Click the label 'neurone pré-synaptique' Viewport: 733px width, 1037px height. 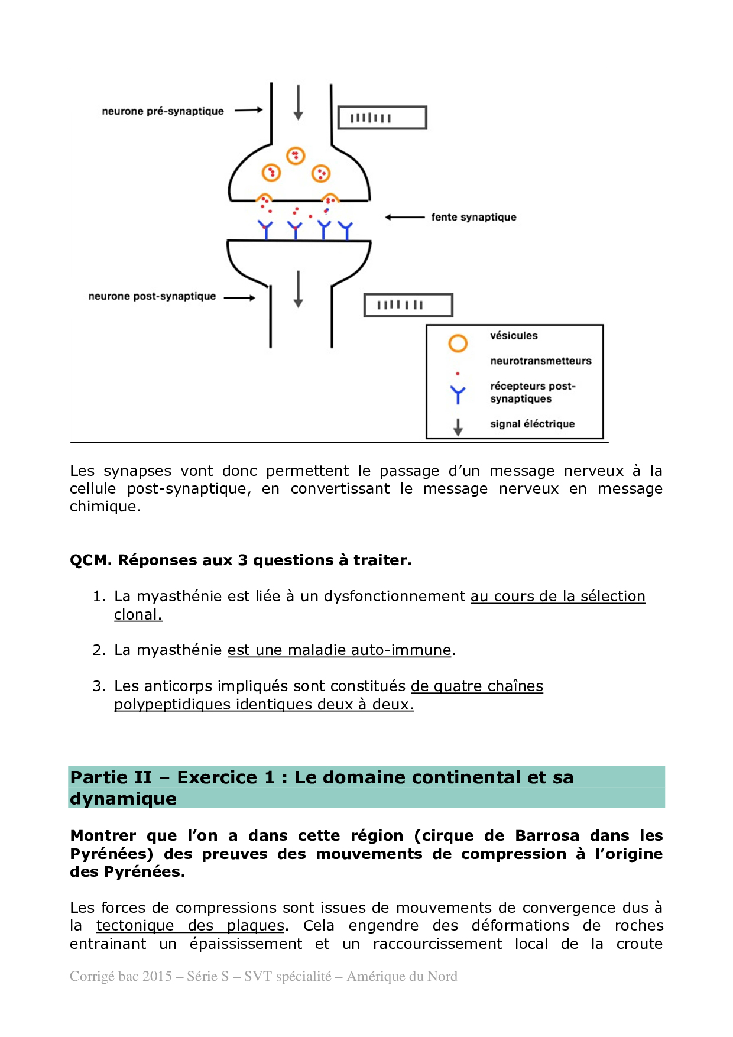[163, 111]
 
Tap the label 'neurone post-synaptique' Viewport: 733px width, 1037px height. [152, 296]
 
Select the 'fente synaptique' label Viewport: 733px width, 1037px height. [473, 217]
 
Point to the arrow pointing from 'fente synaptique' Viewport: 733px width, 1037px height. [405, 218]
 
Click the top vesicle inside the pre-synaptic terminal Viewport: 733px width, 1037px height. [296, 155]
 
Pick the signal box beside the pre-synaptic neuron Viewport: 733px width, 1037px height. [382, 118]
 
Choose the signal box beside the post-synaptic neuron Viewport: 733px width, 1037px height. [408, 305]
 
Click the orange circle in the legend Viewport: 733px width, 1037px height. [458, 343]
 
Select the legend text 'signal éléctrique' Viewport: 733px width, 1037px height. [532, 424]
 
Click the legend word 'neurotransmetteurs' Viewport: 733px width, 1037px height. [540, 361]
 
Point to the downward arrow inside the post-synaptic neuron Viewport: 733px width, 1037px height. [299, 289]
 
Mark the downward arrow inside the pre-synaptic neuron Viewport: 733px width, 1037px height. [299, 102]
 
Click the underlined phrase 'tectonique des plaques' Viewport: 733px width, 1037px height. [190, 925]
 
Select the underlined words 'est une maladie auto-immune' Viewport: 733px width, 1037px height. [339, 650]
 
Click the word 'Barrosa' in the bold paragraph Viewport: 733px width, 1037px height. [547, 835]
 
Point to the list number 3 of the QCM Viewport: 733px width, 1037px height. [99, 686]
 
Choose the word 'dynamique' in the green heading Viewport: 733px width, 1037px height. [124, 799]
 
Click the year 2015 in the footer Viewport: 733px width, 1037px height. [157, 976]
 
